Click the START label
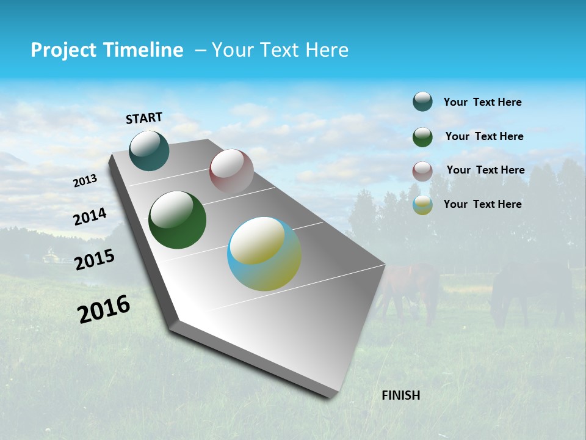[144, 118]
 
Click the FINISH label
[400, 395]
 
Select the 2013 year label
[85, 181]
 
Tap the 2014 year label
[90, 216]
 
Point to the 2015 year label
[94, 260]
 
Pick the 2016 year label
[104, 309]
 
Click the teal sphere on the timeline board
[149, 150]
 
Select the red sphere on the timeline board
[231, 171]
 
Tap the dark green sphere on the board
[177, 220]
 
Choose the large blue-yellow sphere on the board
[264, 254]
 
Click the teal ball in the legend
[422, 101]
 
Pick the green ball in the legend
[422, 136]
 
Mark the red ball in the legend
[422, 170]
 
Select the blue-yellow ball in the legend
[422, 205]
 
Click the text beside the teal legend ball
[482, 102]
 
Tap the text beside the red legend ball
[485, 170]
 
